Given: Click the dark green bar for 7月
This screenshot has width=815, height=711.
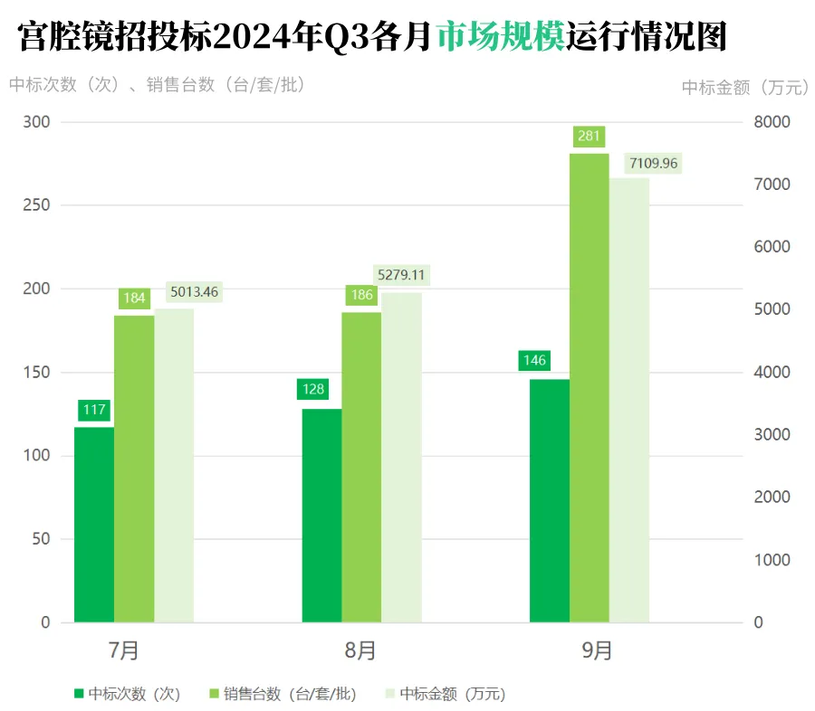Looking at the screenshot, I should pos(94,525).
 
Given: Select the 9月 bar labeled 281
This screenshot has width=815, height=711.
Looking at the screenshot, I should pos(590,389).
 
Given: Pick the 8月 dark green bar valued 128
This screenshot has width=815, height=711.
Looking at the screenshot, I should pos(321,516).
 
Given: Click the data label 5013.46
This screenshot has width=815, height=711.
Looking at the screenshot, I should pos(195,292).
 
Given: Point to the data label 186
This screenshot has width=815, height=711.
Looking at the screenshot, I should pos(361,295).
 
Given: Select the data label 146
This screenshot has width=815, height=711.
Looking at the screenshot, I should pos(535,360).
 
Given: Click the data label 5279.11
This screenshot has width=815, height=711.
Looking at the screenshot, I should pos(400,274).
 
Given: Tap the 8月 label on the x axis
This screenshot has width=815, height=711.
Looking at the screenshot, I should pos(360,650).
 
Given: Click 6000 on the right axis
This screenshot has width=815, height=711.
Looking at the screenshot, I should pos(772,247).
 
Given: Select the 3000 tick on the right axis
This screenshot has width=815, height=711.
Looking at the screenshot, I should pos(772,435).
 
